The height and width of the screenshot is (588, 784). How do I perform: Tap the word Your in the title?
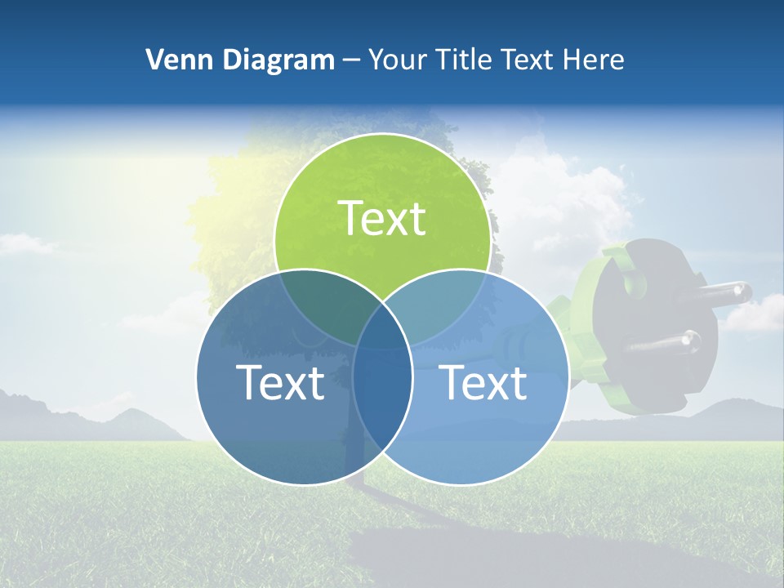pos(393,60)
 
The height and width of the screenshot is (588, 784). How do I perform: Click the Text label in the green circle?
pos(382,219)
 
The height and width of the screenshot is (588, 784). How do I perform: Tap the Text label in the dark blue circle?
pos(280,382)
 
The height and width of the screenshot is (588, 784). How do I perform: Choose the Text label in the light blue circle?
pos(483,382)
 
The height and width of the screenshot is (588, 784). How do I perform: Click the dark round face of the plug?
pos(653,327)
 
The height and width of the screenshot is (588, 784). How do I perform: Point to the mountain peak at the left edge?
pos(16,396)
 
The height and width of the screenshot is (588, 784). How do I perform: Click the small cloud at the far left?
pos(24,243)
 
